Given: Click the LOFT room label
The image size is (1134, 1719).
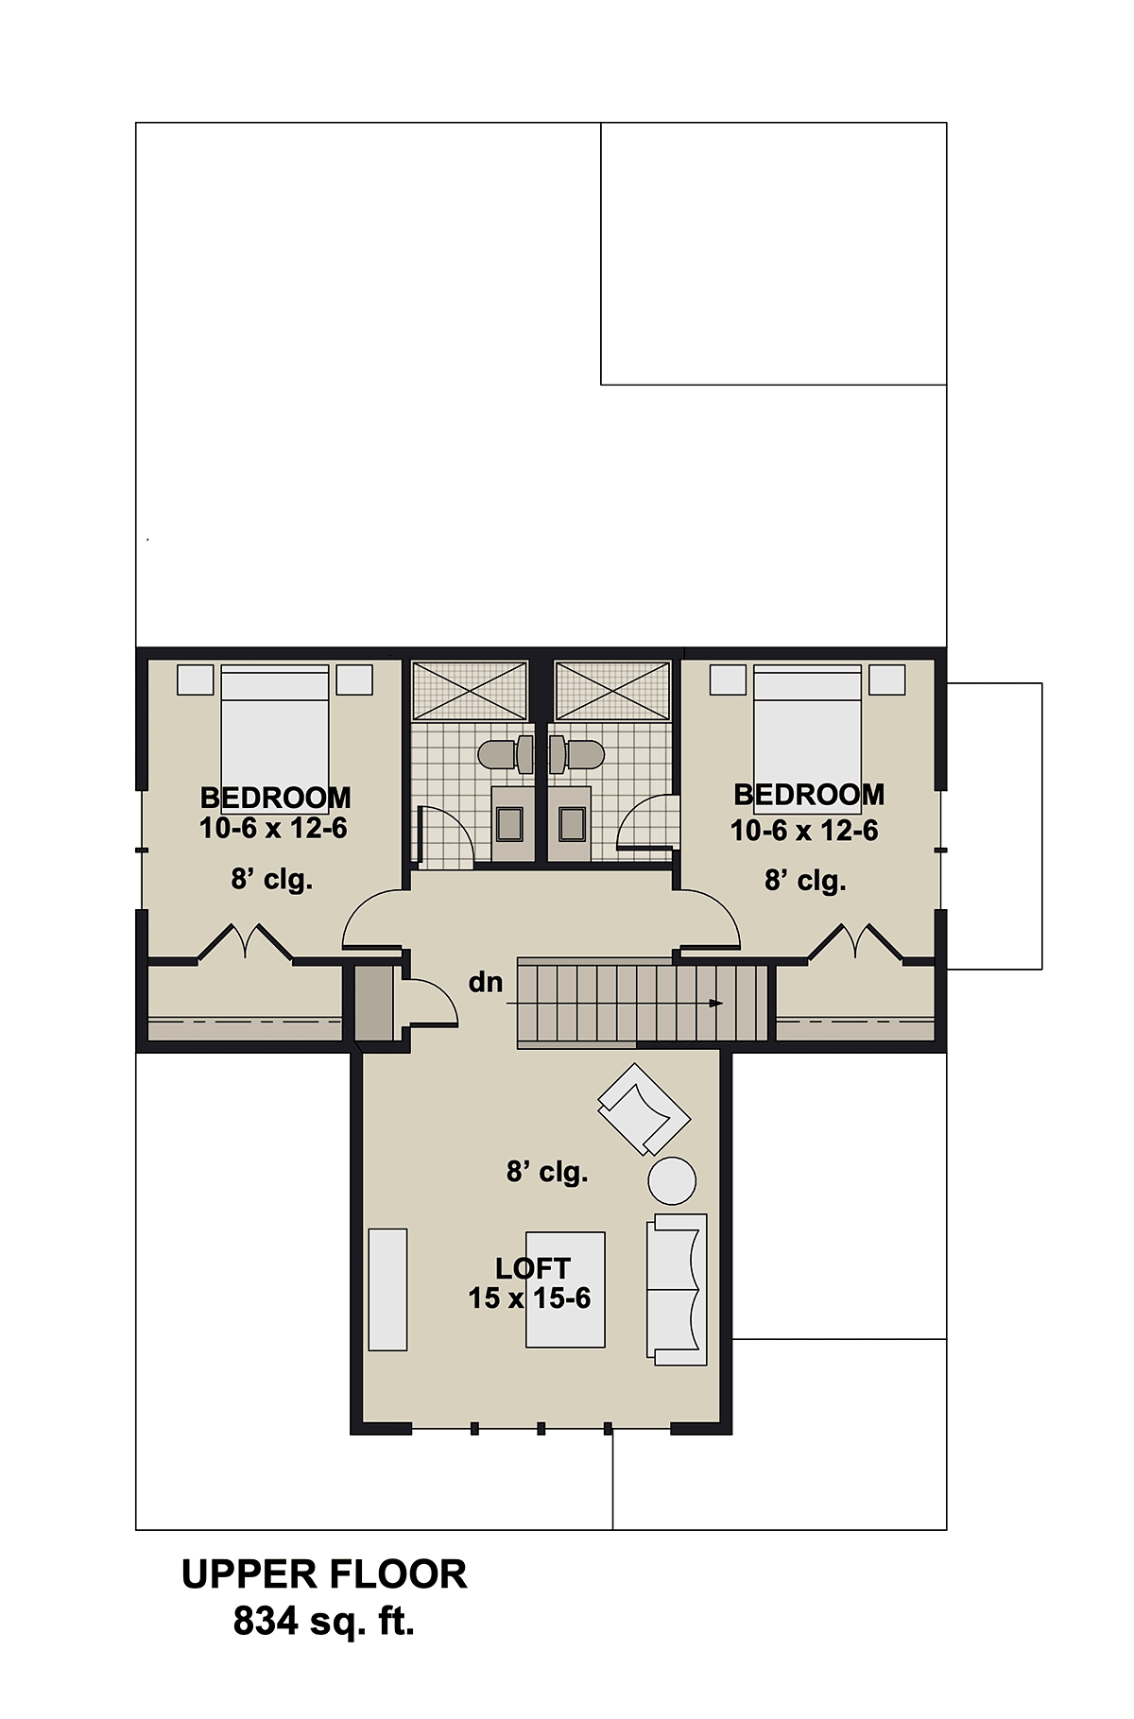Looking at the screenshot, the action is (533, 1267).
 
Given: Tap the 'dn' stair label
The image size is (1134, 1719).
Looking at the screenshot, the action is (486, 983).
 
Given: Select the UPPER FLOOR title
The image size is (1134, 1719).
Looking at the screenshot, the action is (324, 1574).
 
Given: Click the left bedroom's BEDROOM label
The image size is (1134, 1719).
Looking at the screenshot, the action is (275, 798).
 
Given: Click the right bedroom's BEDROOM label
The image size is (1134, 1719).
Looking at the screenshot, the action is (809, 795).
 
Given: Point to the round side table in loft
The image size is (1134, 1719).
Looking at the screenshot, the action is (672, 1180).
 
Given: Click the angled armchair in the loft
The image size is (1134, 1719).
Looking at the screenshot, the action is (644, 1109).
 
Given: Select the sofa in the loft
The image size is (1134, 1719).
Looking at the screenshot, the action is (677, 1289).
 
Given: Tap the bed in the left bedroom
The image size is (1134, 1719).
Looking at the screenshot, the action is (275, 726).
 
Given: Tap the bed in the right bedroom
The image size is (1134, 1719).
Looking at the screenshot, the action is (808, 726).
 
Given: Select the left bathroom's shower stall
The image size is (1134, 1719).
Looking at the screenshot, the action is (470, 691).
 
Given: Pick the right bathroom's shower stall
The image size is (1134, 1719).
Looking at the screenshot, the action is (613, 691).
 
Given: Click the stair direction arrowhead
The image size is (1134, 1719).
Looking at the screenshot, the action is (716, 1003).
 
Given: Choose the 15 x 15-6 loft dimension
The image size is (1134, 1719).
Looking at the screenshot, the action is (529, 1298).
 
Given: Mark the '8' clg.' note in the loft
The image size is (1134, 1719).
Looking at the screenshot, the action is (547, 1173).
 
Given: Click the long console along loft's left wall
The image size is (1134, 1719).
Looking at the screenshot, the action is (387, 1289).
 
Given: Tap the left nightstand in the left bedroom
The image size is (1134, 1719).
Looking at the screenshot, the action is (196, 679).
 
